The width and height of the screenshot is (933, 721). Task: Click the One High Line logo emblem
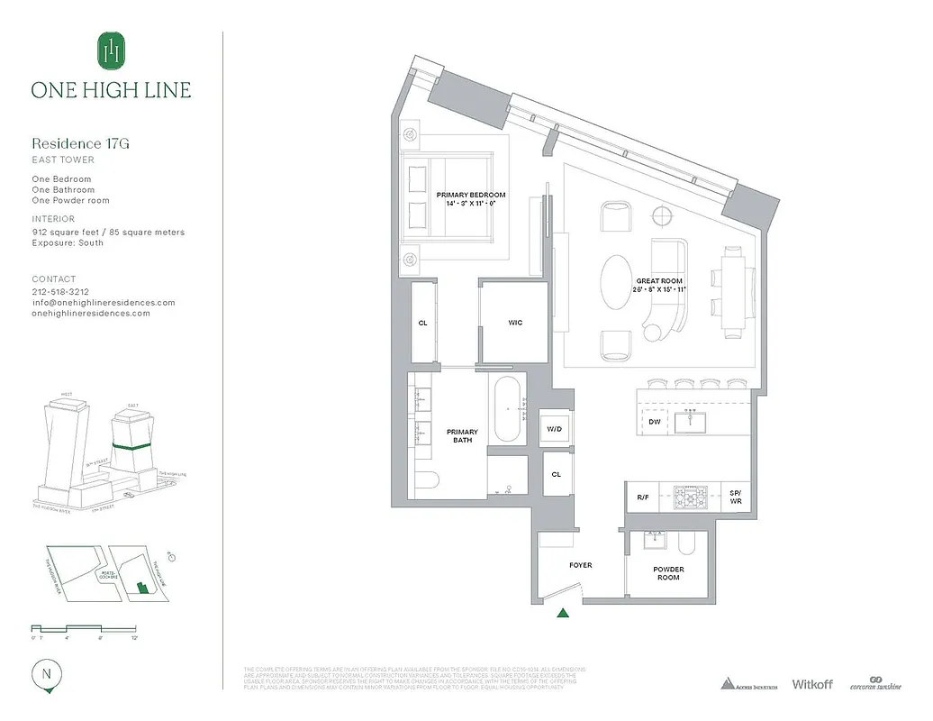point(111,50)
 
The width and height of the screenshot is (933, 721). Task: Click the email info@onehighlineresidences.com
point(104,303)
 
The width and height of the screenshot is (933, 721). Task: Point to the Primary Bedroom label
point(470,199)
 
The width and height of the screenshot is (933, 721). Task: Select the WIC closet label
point(514,323)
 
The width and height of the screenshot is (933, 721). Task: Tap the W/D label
point(555,429)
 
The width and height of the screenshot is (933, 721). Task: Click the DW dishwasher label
point(654,422)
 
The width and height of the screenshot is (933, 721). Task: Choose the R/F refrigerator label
point(643,497)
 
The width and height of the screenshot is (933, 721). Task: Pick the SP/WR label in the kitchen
point(736,497)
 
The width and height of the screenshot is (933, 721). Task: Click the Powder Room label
point(668,573)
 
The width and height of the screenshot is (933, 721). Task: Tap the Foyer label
point(581,565)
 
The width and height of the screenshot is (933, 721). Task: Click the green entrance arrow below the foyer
point(564,614)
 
